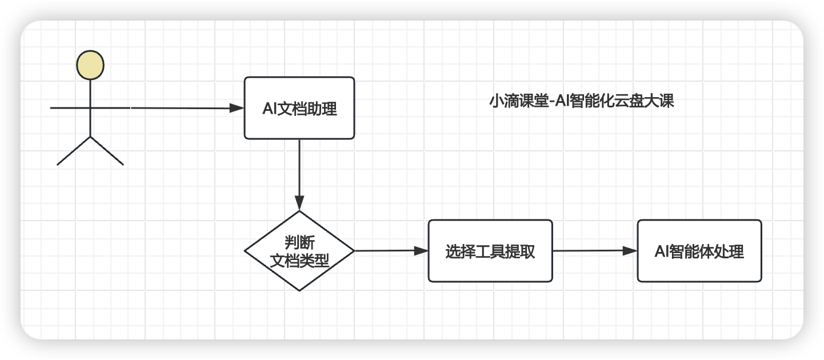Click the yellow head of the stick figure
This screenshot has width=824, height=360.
[90, 64]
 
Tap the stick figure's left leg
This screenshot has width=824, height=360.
[73, 151]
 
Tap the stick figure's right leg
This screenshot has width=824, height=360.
[107, 151]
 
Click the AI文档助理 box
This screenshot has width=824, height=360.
[299, 108]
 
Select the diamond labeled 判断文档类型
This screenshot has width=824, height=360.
[299, 250]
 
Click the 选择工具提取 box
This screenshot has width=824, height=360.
[490, 251]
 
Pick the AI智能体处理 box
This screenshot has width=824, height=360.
[699, 251]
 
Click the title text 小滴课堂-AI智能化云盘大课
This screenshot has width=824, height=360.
[582, 102]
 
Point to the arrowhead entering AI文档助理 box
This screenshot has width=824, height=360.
[237, 108]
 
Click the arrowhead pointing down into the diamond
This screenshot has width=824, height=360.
[299, 203]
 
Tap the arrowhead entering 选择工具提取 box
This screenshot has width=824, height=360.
[421, 250]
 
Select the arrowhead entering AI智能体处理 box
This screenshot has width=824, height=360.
[630, 250]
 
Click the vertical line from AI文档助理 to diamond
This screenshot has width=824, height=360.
[299, 169]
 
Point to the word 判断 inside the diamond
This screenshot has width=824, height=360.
[299, 242]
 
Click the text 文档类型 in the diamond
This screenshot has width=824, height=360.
[299, 261]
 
